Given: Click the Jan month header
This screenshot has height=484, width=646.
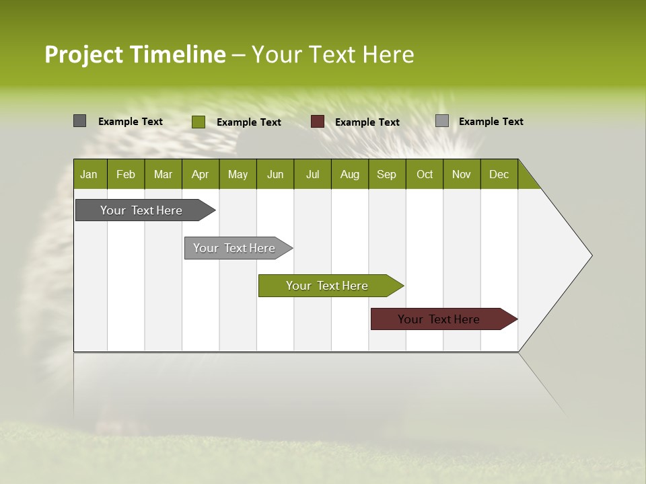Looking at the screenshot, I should pyautogui.click(x=89, y=174).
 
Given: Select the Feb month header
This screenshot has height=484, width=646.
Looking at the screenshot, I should pyautogui.click(x=126, y=174).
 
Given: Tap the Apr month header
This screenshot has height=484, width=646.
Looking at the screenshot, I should pyautogui.click(x=200, y=174).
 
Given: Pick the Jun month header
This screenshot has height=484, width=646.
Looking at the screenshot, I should pyautogui.click(x=275, y=174).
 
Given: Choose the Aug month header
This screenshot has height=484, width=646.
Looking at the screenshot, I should pyautogui.click(x=350, y=174).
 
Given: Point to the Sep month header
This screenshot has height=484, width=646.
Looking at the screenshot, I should pyautogui.click(x=387, y=174).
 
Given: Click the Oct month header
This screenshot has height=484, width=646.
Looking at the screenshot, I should pyautogui.click(x=425, y=174).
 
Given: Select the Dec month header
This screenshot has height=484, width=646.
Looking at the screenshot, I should pyautogui.click(x=499, y=174).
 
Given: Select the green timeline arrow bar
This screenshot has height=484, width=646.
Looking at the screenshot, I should pyautogui.click(x=328, y=286).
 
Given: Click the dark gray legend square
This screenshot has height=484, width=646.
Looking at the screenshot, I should pyautogui.click(x=79, y=121).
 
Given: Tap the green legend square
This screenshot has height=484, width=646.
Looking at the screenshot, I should pyautogui.click(x=198, y=122).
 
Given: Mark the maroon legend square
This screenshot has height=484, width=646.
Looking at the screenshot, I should pyautogui.click(x=318, y=122).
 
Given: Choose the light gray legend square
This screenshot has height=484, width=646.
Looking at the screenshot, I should pyautogui.click(x=441, y=121).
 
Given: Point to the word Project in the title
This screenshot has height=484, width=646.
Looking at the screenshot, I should pyautogui.click(x=85, y=54).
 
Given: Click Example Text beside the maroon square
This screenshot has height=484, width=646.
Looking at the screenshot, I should pyautogui.click(x=367, y=122).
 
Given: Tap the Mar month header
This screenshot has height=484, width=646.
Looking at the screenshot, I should pyautogui.click(x=163, y=174).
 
